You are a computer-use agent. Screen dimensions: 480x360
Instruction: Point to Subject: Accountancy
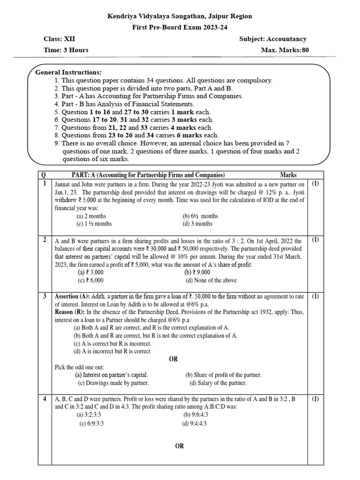(x=273, y=39)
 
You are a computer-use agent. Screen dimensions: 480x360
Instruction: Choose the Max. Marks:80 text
(x=285, y=50)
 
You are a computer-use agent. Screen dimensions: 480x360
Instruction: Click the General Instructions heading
(x=68, y=72)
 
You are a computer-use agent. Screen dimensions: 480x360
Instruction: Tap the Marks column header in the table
(x=288, y=174)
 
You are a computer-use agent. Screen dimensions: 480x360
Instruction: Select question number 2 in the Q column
(x=44, y=240)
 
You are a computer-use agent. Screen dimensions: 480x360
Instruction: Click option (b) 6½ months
(x=200, y=216)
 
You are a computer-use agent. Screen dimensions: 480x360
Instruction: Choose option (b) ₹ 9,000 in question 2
(x=197, y=272)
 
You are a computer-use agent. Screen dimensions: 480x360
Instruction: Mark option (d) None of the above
(x=211, y=280)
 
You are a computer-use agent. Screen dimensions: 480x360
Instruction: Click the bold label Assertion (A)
(x=72, y=296)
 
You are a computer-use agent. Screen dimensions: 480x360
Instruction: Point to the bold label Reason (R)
(x=70, y=312)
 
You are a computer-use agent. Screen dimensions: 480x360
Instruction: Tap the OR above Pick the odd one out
(x=173, y=359)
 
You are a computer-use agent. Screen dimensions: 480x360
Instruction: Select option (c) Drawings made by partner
(x=113, y=383)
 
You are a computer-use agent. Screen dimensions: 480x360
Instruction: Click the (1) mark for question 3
(x=315, y=296)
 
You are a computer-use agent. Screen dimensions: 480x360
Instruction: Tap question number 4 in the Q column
(x=44, y=399)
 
